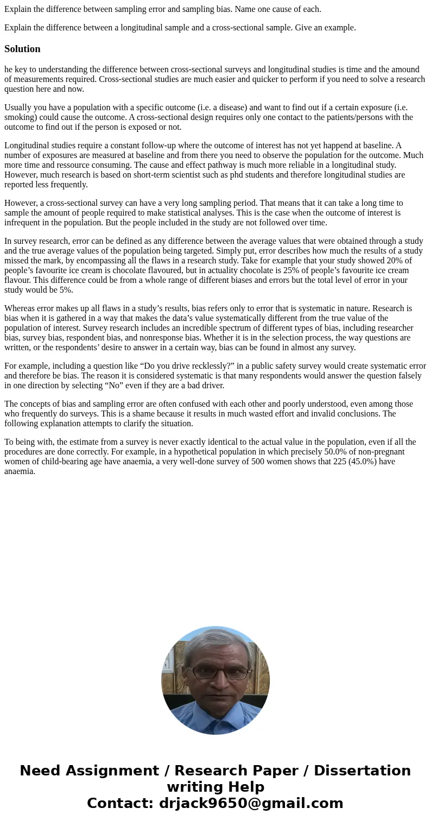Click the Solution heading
click(x=22, y=49)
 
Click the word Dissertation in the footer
click(x=362, y=771)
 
